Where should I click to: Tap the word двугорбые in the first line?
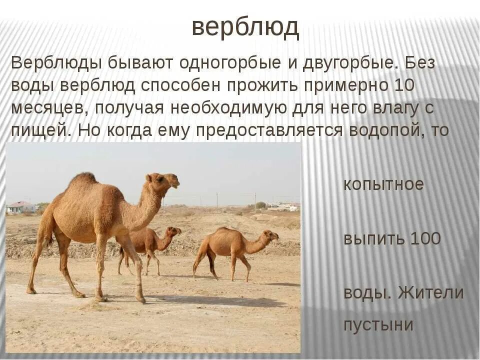point(347,63)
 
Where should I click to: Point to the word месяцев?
point(47,108)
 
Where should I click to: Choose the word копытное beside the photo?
point(383,184)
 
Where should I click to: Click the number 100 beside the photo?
point(425,238)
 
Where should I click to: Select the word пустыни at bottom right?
point(378,324)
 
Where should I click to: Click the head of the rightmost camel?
point(270,234)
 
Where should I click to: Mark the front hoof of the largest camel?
point(141,300)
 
